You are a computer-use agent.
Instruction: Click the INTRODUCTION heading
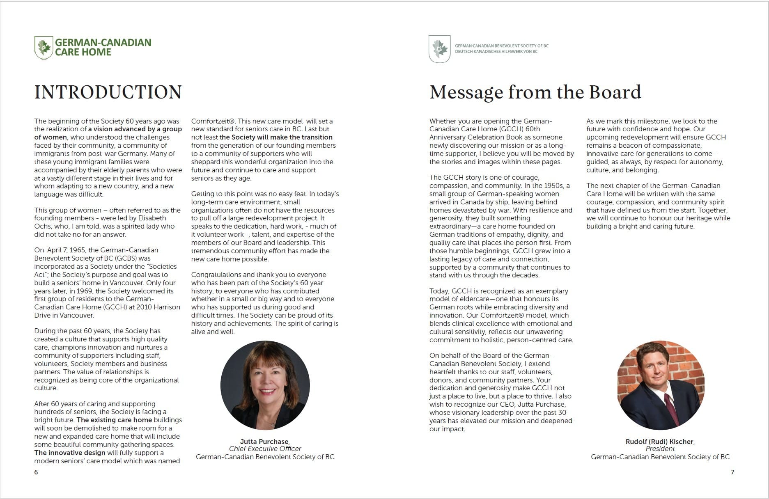(x=108, y=92)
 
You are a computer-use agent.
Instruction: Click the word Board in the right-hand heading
(x=615, y=92)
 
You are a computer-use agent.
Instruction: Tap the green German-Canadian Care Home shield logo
(x=44, y=47)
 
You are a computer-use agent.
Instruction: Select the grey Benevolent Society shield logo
(x=439, y=49)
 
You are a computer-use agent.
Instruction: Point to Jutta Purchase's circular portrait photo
(x=265, y=385)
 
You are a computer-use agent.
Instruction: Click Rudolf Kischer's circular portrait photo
(x=661, y=385)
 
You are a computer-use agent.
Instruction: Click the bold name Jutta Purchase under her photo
(x=264, y=442)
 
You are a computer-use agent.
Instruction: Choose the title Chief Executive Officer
(x=265, y=449)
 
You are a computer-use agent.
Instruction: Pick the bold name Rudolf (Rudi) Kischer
(x=659, y=442)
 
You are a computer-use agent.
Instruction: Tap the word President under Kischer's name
(x=660, y=449)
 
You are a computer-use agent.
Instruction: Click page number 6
(x=36, y=472)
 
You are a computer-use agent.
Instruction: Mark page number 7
(x=732, y=472)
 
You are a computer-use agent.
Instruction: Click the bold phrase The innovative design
(x=70, y=453)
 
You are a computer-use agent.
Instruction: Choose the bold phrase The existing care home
(x=114, y=420)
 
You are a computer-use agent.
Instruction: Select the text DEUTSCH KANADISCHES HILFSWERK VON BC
(x=496, y=52)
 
